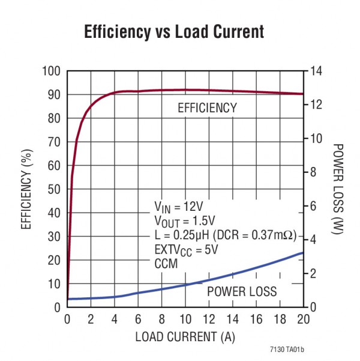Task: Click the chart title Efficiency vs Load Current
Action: (x=174, y=32)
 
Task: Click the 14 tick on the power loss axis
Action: (x=317, y=71)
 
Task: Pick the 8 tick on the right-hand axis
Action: (x=314, y=172)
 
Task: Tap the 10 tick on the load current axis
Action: (x=185, y=318)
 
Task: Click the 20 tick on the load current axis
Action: (x=304, y=318)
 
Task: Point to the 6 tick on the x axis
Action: (x=138, y=318)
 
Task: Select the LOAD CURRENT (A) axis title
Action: (x=184, y=336)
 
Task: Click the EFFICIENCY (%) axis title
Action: (x=26, y=190)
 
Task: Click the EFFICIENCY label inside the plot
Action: (x=207, y=109)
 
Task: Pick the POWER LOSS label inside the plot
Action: (x=242, y=292)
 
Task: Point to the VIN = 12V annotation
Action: (x=179, y=208)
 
